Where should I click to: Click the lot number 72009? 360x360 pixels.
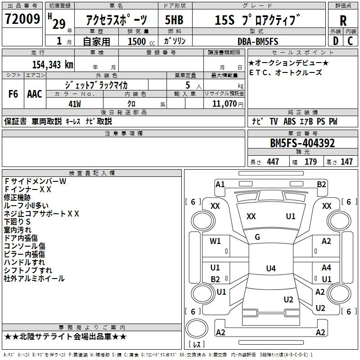[x=22, y=19]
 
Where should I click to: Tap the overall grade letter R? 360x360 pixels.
[x=343, y=21]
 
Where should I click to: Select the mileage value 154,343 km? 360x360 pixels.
[x=53, y=64]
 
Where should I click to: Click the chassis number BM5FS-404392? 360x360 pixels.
[x=302, y=143]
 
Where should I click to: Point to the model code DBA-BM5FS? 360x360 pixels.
[x=257, y=41]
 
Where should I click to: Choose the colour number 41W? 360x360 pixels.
[x=75, y=104]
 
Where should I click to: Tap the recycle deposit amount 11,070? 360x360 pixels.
[x=224, y=103]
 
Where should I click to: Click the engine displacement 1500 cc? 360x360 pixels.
[x=141, y=41]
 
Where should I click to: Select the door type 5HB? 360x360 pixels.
[x=174, y=20]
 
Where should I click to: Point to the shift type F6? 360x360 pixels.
[x=13, y=94]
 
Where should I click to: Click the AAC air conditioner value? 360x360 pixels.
[x=35, y=94]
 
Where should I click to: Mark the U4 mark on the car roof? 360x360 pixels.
[x=271, y=268]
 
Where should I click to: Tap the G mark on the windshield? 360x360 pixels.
[x=257, y=237]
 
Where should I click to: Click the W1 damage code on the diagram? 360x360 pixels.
[x=215, y=241]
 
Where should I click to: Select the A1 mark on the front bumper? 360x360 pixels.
[x=220, y=184]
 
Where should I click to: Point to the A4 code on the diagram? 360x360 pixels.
[x=326, y=267]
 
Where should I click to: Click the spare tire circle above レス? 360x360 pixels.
[x=197, y=328]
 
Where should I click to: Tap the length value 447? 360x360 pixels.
[x=273, y=162]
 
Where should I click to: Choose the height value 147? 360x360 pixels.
[x=346, y=162]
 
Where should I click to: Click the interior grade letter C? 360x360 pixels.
[x=350, y=41]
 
